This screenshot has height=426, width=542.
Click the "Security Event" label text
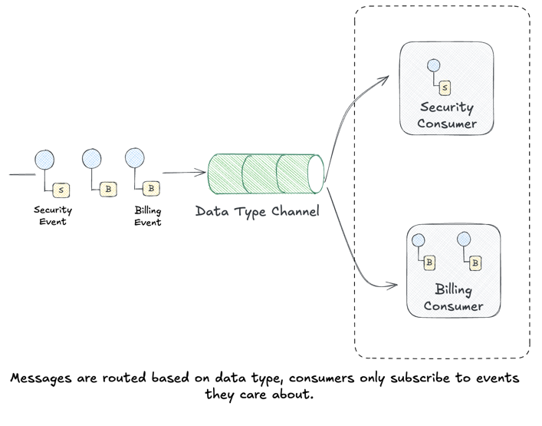[53, 216]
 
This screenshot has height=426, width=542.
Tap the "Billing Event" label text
[148, 216]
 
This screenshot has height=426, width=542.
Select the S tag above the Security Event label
[61, 189]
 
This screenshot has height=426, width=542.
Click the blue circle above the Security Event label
[44, 160]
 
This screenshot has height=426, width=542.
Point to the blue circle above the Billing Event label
[134, 158]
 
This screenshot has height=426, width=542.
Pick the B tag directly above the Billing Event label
[151, 188]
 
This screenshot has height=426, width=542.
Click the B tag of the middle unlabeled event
[108, 188]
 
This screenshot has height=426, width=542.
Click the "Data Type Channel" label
[257, 211]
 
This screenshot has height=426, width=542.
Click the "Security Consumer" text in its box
[447, 115]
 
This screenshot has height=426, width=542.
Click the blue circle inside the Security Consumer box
[433, 66]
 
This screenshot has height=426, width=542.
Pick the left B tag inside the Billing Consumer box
[430, 263]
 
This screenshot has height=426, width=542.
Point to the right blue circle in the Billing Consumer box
[463, 239]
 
